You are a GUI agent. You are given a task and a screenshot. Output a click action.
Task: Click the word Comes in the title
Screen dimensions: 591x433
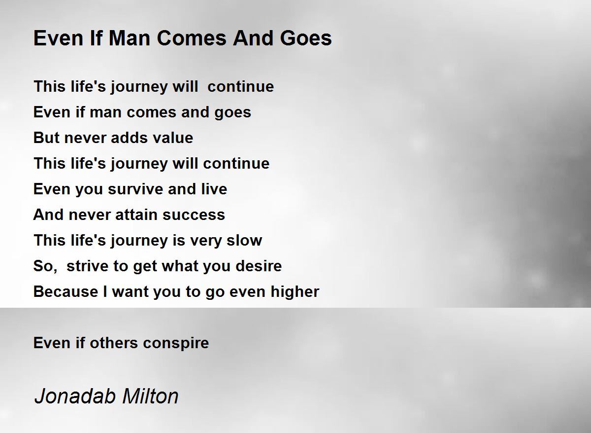coord(192,38)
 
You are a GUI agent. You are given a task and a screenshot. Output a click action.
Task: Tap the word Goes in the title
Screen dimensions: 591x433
coord(306,38)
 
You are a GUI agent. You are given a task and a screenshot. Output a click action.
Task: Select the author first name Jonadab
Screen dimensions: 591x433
coord(75,397)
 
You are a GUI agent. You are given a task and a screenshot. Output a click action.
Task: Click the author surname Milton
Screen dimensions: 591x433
coord(150,397)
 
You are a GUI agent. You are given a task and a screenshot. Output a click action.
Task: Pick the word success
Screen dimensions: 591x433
coord(194,215)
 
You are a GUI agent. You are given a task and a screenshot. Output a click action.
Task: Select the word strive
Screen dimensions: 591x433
coord(87,266)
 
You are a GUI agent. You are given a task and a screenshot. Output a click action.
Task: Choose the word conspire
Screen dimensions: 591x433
coord(176,343)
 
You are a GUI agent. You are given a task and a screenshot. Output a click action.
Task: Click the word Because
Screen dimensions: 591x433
coord(66,291)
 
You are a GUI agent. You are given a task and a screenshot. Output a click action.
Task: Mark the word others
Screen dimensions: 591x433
coord(114,343)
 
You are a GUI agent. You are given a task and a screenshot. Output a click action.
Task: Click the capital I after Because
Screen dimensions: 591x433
coord(105,291)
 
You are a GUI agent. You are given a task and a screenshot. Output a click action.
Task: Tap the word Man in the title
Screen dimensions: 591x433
coord(129,38)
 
